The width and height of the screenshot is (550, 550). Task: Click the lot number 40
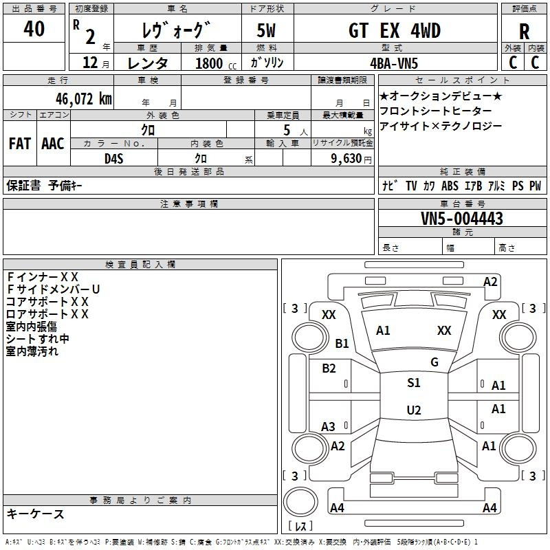(x=34, y=28)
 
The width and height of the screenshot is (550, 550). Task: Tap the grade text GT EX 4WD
(x=395, y=30)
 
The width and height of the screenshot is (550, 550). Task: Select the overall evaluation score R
(x=524, y=32)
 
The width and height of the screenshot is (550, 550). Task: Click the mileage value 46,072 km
(x=83, y=99)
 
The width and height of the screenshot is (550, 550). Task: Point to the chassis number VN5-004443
(x=462, y=218)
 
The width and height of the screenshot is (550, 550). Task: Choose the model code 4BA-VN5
(x=394, y=63)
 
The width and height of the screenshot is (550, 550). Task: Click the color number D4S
(x=114, y=159)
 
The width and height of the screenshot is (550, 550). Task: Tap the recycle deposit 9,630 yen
(x=351, y=159)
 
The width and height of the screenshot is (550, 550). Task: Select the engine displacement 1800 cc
(x=216, y=63)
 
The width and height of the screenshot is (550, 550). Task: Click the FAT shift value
(x=20, y=144)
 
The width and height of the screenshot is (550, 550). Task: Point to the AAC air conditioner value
(x=53, y=144)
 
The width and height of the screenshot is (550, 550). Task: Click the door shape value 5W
(x=266, y=30)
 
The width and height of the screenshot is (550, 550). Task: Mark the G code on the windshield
(x=434, y=362)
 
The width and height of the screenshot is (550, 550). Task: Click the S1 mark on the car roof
(x=414, y=383)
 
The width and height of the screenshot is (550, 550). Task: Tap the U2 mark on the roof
(x=414, y=410)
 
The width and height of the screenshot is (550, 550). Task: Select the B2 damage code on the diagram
(x=329, y=368)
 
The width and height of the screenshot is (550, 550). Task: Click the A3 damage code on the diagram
(x=328, y=427)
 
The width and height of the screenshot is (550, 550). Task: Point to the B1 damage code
(x=342, y=343)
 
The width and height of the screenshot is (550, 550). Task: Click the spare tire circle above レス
(x=300, y=502)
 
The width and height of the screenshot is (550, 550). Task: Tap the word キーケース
(x=36, y=514)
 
